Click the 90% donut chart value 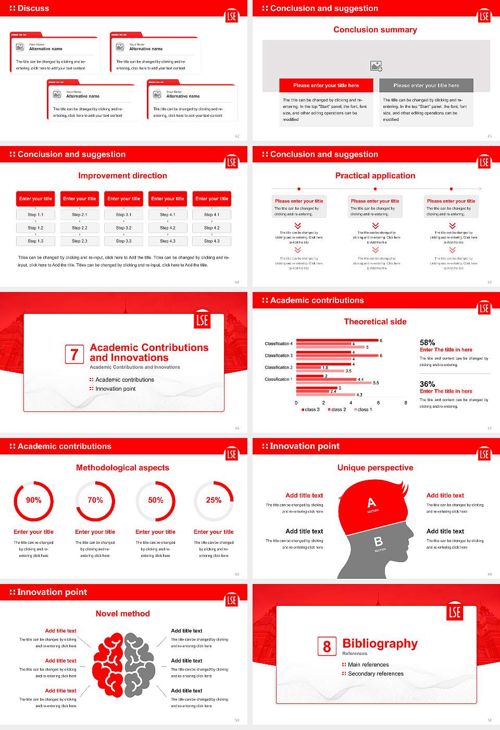(x=34, y=500)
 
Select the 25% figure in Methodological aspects (x=214, y=500)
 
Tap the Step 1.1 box (x=36, y=214)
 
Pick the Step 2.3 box (x=80, y=241)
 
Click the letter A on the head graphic (x=371, y=503)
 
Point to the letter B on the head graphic (x=378, y=542)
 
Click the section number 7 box (x=74, y=355)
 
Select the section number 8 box (x=327, y=647)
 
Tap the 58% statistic (x=427, y=343)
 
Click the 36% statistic (x=427, y=384)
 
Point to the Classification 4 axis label (x=279, y=344)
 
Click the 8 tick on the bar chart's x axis (x=406, y=403)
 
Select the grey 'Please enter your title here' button (x=426, y=86)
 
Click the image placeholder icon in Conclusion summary (x=376, y=66)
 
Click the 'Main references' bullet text (x=368, y=665)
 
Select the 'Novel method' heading (x=123, y=614)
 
